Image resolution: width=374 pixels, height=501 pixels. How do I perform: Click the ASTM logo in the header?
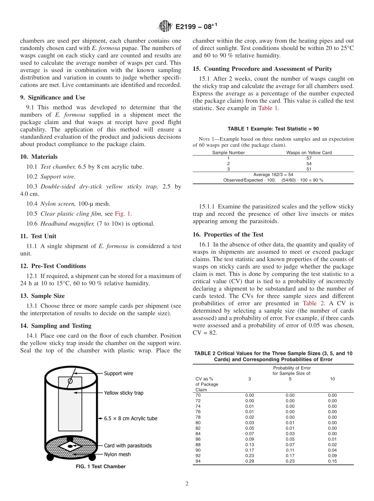point(165,26)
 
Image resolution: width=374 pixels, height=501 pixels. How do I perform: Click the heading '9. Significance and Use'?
point(53,97)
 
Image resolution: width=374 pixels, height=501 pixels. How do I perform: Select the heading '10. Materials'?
point(39,157)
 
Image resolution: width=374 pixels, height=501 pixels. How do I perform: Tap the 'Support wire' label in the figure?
point(118,373)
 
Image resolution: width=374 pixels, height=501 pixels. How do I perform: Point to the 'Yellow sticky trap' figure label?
point(124,393)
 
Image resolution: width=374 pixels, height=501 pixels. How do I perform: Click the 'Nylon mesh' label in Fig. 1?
point(117,454)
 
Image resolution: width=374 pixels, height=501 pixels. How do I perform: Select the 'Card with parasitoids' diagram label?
point(128,445)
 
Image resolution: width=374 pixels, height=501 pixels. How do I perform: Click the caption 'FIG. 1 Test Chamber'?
point(100,467)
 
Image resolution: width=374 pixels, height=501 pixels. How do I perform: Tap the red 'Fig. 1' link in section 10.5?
point(123,213)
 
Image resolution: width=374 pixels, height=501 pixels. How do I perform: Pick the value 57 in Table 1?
point(309,158)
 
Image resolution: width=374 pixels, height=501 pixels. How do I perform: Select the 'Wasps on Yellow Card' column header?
point(309,152)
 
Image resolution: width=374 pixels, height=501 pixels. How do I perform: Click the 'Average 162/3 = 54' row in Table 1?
point(273,174)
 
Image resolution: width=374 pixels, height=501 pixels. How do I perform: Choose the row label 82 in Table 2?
point(198,428)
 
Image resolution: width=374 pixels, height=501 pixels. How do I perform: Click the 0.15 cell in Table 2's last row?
point(332,461)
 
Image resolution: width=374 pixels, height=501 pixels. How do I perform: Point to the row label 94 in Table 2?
point(198,461)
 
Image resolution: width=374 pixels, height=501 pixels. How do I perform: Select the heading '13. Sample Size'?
point(42,296)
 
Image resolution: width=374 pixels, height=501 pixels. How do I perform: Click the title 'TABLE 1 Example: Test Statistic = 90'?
point(273,129)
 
